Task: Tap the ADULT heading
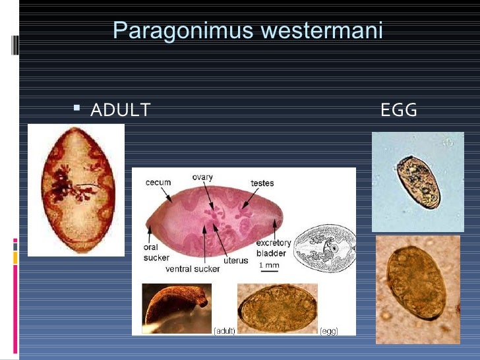[x=121, y=110]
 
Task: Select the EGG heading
[x=399, y=110]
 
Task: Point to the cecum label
[x=158, y=183]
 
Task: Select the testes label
[x=262, y=183]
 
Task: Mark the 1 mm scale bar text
[x=268, y=265]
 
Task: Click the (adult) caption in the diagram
[x=224, y=330]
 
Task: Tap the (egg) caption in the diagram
[x=329, y=330]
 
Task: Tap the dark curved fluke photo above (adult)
[x=175, y=307]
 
